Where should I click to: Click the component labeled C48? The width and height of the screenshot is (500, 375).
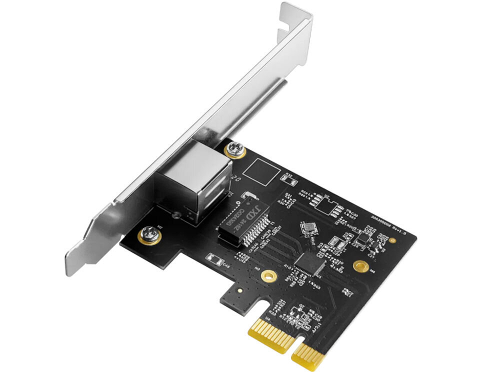tap(212, 258)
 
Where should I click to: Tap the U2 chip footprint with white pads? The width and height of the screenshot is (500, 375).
tap(324, 201)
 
